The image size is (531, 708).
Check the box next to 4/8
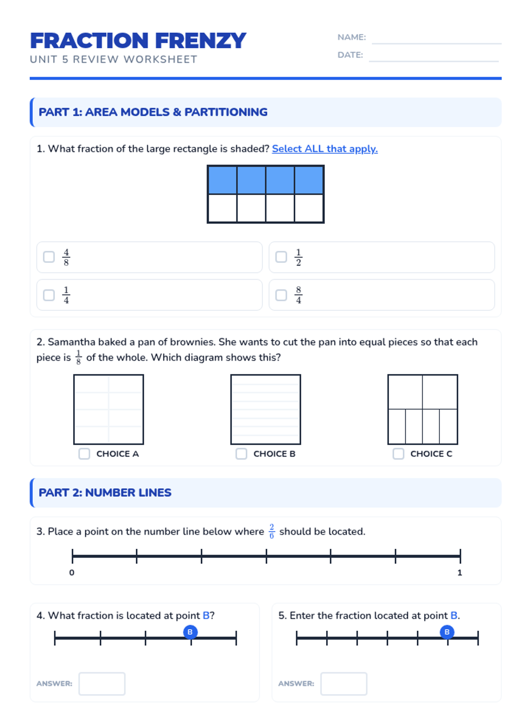pos(49,257)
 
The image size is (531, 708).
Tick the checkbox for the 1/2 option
pos(281,257)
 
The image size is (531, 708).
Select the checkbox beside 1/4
pos(49,295)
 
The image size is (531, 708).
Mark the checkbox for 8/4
pos(281,295)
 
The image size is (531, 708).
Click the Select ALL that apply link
pos(324,149)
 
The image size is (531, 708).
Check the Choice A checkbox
pos(84,454)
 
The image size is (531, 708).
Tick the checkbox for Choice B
pos(241,454)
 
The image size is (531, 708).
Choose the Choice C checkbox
pos(398,454)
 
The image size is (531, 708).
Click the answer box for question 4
pos(102,684)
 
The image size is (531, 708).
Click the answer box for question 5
pos(344,684)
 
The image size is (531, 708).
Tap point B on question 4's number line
pos(190,632)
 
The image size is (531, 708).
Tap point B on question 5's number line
pos(447,632)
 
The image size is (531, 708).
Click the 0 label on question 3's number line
pos(72,573)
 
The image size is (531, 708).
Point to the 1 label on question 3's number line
pos(460,573)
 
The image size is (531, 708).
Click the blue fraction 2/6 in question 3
pos(272,531)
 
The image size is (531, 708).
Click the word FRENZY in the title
pos(200,41)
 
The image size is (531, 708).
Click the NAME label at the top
pos(351,37)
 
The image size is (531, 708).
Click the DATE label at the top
pos(350,55)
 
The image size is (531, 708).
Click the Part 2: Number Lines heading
pos(105,493)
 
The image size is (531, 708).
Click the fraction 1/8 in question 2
pos(78,358)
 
